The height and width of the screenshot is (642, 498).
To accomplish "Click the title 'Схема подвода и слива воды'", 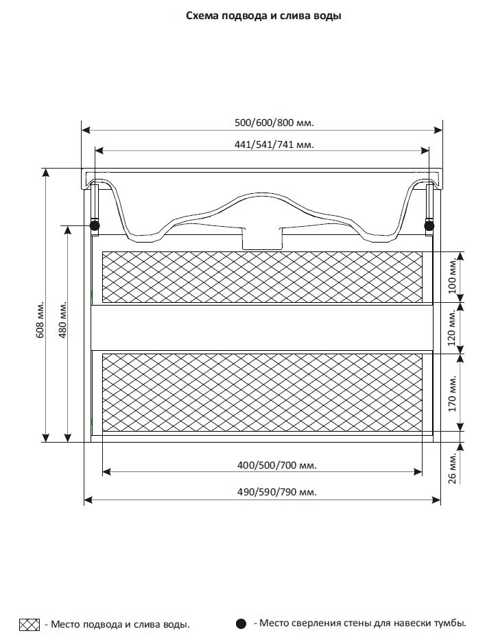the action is pos(263,16).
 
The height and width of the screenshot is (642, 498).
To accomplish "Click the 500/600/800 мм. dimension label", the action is pos(274,123).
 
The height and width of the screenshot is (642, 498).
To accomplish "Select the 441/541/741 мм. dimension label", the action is pos(274,145).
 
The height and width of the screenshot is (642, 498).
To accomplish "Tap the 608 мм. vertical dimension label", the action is pos(40,320).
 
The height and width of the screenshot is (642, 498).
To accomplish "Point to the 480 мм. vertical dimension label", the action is pos(62,320).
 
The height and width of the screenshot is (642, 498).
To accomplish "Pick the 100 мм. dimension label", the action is pos(452,276).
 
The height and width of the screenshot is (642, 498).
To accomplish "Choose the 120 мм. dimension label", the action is pos(452,328).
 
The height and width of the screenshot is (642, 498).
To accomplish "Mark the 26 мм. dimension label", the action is pos(452,469).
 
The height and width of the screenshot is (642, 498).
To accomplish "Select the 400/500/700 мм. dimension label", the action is pos(277,465).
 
